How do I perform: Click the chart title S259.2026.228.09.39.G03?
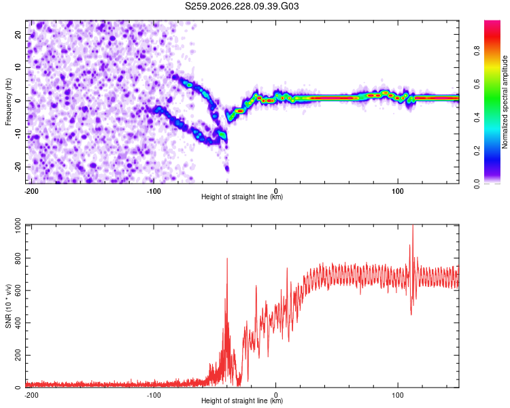[241, 6]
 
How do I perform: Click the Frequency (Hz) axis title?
[8, 101]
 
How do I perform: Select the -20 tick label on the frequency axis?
[18, 167]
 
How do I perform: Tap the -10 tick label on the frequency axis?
[18, 134]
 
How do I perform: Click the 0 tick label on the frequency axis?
[18, 101]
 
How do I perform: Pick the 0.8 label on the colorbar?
[477, 51]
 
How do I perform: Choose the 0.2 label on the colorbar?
[477, 150]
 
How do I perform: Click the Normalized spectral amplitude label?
[505, 102]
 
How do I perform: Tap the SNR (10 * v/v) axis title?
[8, 306]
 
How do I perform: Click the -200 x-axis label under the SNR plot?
[31, 395]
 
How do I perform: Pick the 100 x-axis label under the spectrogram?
[398, 191]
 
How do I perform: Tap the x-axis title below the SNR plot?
[242, 401]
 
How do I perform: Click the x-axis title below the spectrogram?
[242, 197]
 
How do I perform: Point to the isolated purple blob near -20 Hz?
[227, 169]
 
